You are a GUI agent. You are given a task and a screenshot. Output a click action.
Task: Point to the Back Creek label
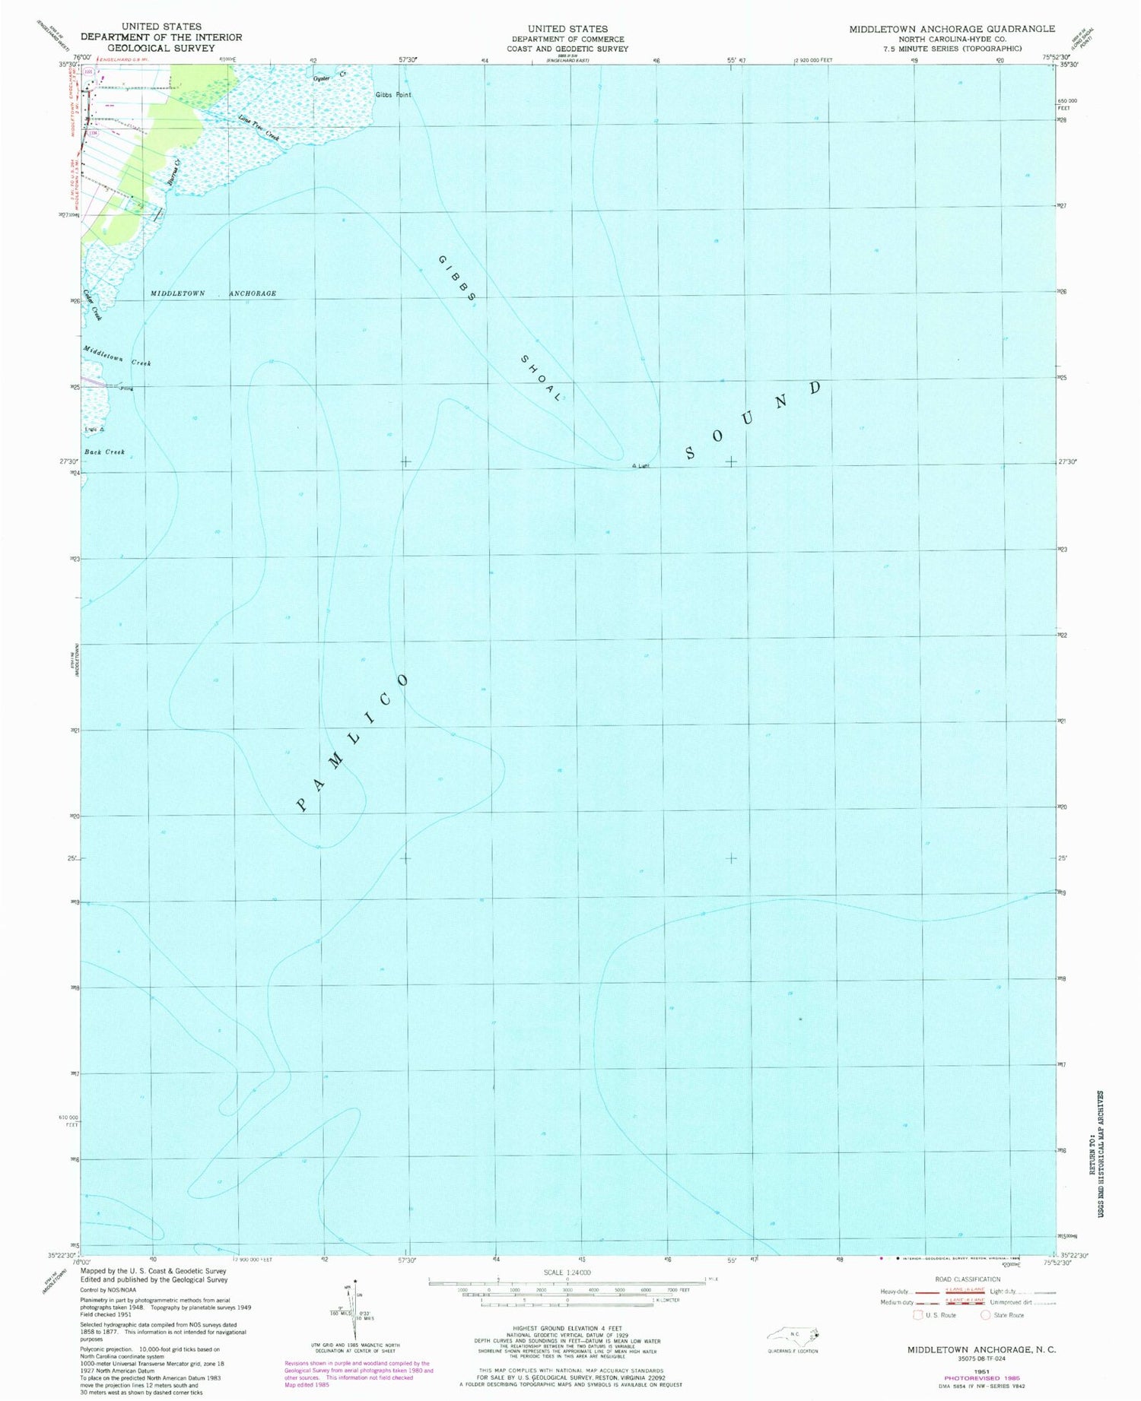[104, 452]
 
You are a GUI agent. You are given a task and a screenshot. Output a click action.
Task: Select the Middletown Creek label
[117, 357]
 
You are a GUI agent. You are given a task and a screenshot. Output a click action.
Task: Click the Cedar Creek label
[92, 305]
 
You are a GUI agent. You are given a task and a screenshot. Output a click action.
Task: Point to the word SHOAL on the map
[542, 378]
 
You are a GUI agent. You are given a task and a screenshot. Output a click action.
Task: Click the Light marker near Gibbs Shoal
[634, 466]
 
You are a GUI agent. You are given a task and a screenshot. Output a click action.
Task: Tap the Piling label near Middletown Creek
[126, 388]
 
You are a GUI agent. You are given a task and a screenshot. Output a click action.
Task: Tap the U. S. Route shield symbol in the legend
[918, 1314]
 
